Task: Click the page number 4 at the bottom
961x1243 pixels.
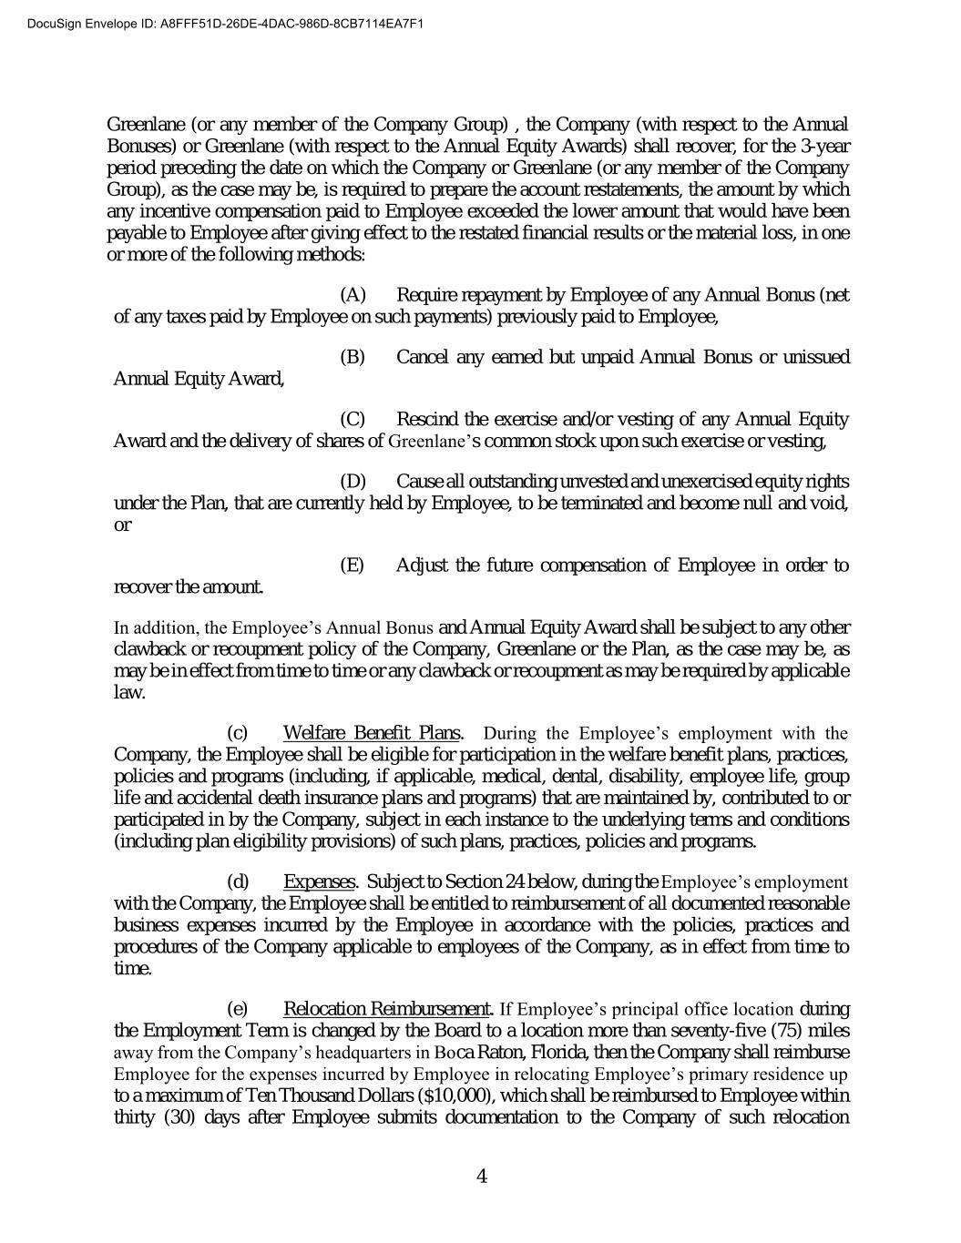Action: [482, 1177]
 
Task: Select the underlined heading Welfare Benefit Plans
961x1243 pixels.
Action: [372, 733]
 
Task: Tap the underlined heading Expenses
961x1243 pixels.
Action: [319, 881]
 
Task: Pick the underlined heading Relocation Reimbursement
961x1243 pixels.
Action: [388, 1009]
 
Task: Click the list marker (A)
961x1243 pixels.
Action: [353, 295]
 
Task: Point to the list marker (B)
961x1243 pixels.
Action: [353, 357]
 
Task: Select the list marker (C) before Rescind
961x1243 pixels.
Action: [353, 420]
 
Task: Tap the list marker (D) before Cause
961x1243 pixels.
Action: [353, 481]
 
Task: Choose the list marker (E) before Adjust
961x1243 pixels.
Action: [352, 565]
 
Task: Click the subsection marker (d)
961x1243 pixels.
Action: [238, 881]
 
